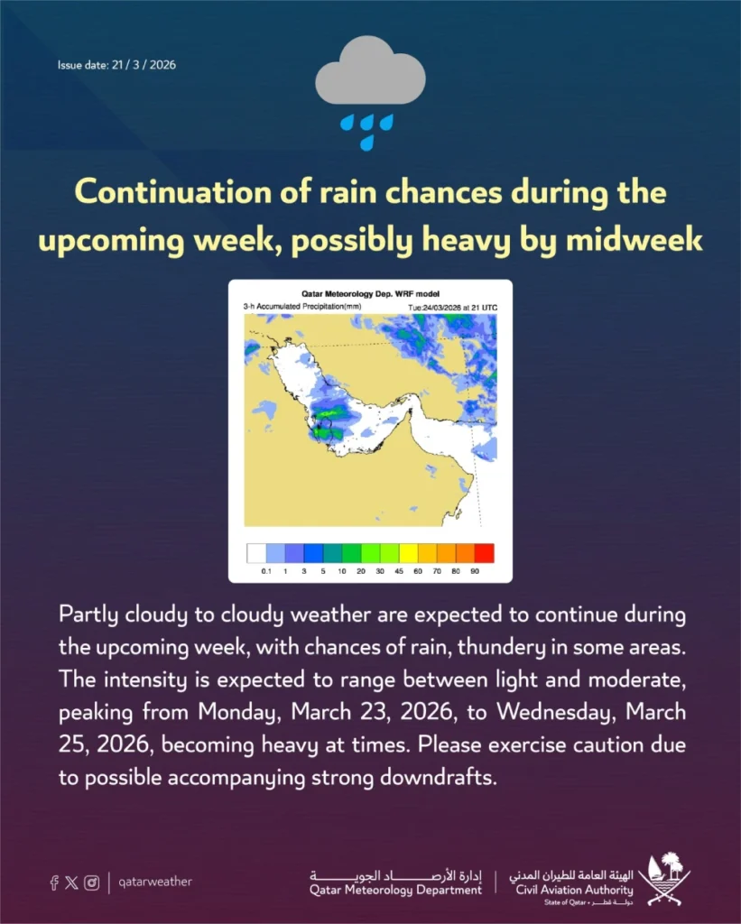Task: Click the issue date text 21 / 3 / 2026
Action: [x=144, y=65]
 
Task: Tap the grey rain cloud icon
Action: [x=370, y=70]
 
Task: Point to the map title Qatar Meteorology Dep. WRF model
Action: [x=370, y=293]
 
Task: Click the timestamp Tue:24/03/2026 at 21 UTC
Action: [x=453, y=308]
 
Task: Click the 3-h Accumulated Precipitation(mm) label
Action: [x=302, y=307]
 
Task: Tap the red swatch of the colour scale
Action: [x=485, y=553]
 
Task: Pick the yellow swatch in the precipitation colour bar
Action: [x=409, y=553]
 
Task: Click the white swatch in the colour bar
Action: [x=256, y=553]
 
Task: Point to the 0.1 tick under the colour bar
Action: [x=266, y=571]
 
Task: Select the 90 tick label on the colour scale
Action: [x=475, y=571]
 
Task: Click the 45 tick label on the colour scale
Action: [x=399, y=571]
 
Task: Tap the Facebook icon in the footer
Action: [x=54, y=882]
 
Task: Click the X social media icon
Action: [x=72, y=882]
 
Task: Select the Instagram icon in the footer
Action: [x=92, y=882]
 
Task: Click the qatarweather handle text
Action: [x=155, y=882]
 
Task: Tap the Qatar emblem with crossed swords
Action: [x=664, y=879]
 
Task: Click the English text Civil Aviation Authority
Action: [x=574, y=890]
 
